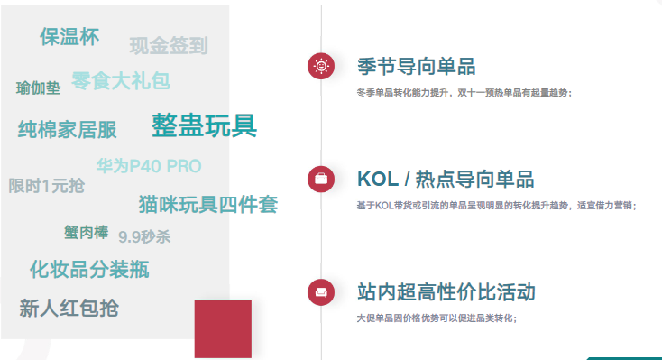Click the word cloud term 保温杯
point(69,37)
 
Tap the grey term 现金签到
point(169,46)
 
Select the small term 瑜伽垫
point(39,88)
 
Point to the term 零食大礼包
point(121,81)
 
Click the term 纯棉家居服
point(68,130)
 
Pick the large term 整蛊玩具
point(204,125)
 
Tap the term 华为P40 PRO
point(149,166)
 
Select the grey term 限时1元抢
point(47,186)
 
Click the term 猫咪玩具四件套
point(207,205)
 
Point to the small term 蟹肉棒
point(86,232)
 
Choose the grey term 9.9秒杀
point(144,237)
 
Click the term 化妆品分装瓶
point(89,269)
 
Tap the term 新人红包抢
point(69,308)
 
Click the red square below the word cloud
point(223,328)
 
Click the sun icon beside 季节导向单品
point(321,66)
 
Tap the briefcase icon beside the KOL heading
point(321,179)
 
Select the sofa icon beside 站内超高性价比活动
point(321,292)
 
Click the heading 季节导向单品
point(416,67)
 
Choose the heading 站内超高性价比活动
point(446,292)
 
